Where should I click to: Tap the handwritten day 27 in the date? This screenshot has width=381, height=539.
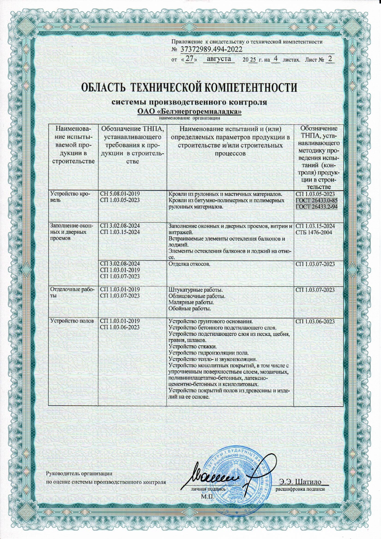(190, 59)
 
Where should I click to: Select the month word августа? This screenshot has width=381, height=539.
(219, 59)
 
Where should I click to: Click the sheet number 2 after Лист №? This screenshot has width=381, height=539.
(330, 59)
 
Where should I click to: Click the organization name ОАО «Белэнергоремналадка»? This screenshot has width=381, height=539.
(189, 111)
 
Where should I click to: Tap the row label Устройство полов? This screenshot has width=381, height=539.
(72, 321)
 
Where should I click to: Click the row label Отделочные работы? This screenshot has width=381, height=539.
(72, 292)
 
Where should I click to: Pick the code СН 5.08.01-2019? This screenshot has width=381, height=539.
(120, 194)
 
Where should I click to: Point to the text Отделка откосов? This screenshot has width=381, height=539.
(189, 264)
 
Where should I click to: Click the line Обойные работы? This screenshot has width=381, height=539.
(190, 308)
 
